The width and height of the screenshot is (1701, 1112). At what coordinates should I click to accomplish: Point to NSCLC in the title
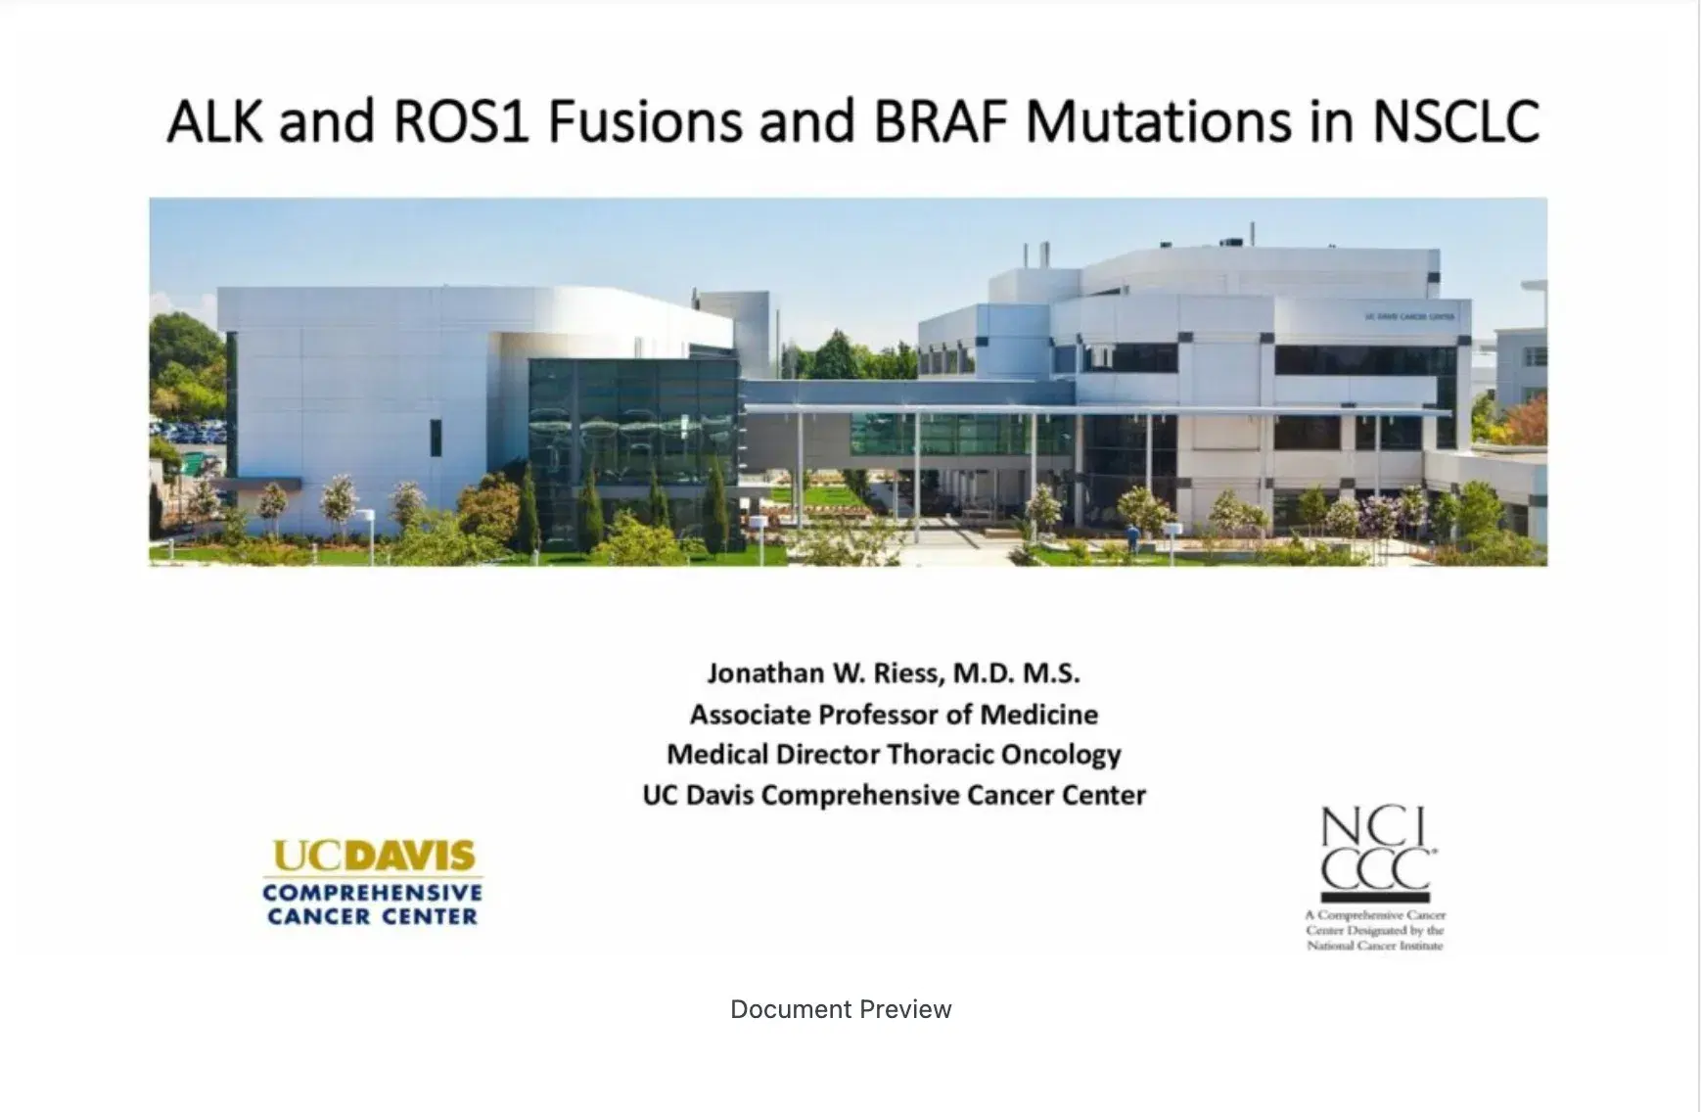1456,121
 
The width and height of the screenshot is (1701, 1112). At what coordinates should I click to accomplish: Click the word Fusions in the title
643,121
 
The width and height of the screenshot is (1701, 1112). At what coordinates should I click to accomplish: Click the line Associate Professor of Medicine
893,715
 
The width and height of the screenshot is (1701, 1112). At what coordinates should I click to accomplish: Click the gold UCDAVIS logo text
373,857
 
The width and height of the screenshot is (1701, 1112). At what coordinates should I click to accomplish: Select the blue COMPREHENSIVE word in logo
373,893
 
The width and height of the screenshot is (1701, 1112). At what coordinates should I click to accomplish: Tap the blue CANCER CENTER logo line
373,917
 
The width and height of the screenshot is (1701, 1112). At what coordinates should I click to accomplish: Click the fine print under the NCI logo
1374,930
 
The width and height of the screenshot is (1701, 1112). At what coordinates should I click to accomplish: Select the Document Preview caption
841,1009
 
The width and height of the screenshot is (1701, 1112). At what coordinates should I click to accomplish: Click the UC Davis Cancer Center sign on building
1409,317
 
